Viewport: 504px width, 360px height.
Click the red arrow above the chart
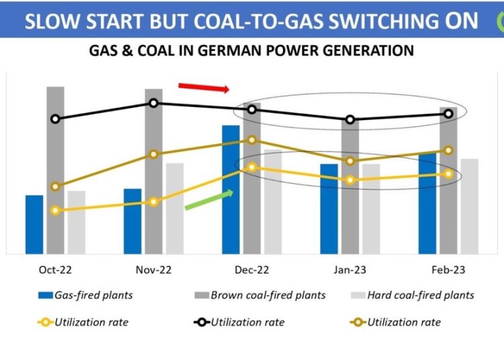click(204, 87)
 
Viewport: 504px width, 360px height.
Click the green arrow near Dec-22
click(208, 199)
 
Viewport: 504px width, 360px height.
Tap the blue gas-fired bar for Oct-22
click(34, 224)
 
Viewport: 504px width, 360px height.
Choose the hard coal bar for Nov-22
click(175, 208)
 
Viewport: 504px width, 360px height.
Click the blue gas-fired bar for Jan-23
click(329, 209)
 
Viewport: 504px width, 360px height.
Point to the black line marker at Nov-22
click(153, 103)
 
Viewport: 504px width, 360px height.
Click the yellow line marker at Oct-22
click(55, 210)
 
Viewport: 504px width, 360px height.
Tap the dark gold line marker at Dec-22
click(252, 140)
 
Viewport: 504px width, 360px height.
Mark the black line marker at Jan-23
click(350, 120)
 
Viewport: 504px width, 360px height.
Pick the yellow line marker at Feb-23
click(448, 174)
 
